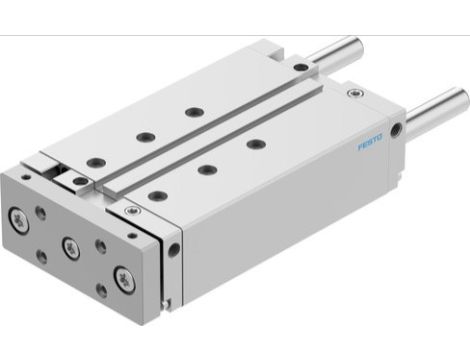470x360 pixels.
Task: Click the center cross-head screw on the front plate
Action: (x=71, y=244)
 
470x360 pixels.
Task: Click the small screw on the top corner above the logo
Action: (x=350, y=93)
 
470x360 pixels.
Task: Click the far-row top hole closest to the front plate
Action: (x=95, y=160)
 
